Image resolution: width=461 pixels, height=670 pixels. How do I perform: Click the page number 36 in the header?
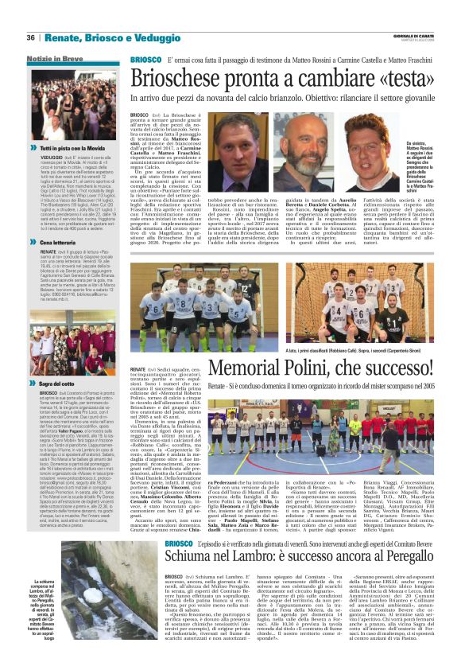(x=31, y=37)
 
